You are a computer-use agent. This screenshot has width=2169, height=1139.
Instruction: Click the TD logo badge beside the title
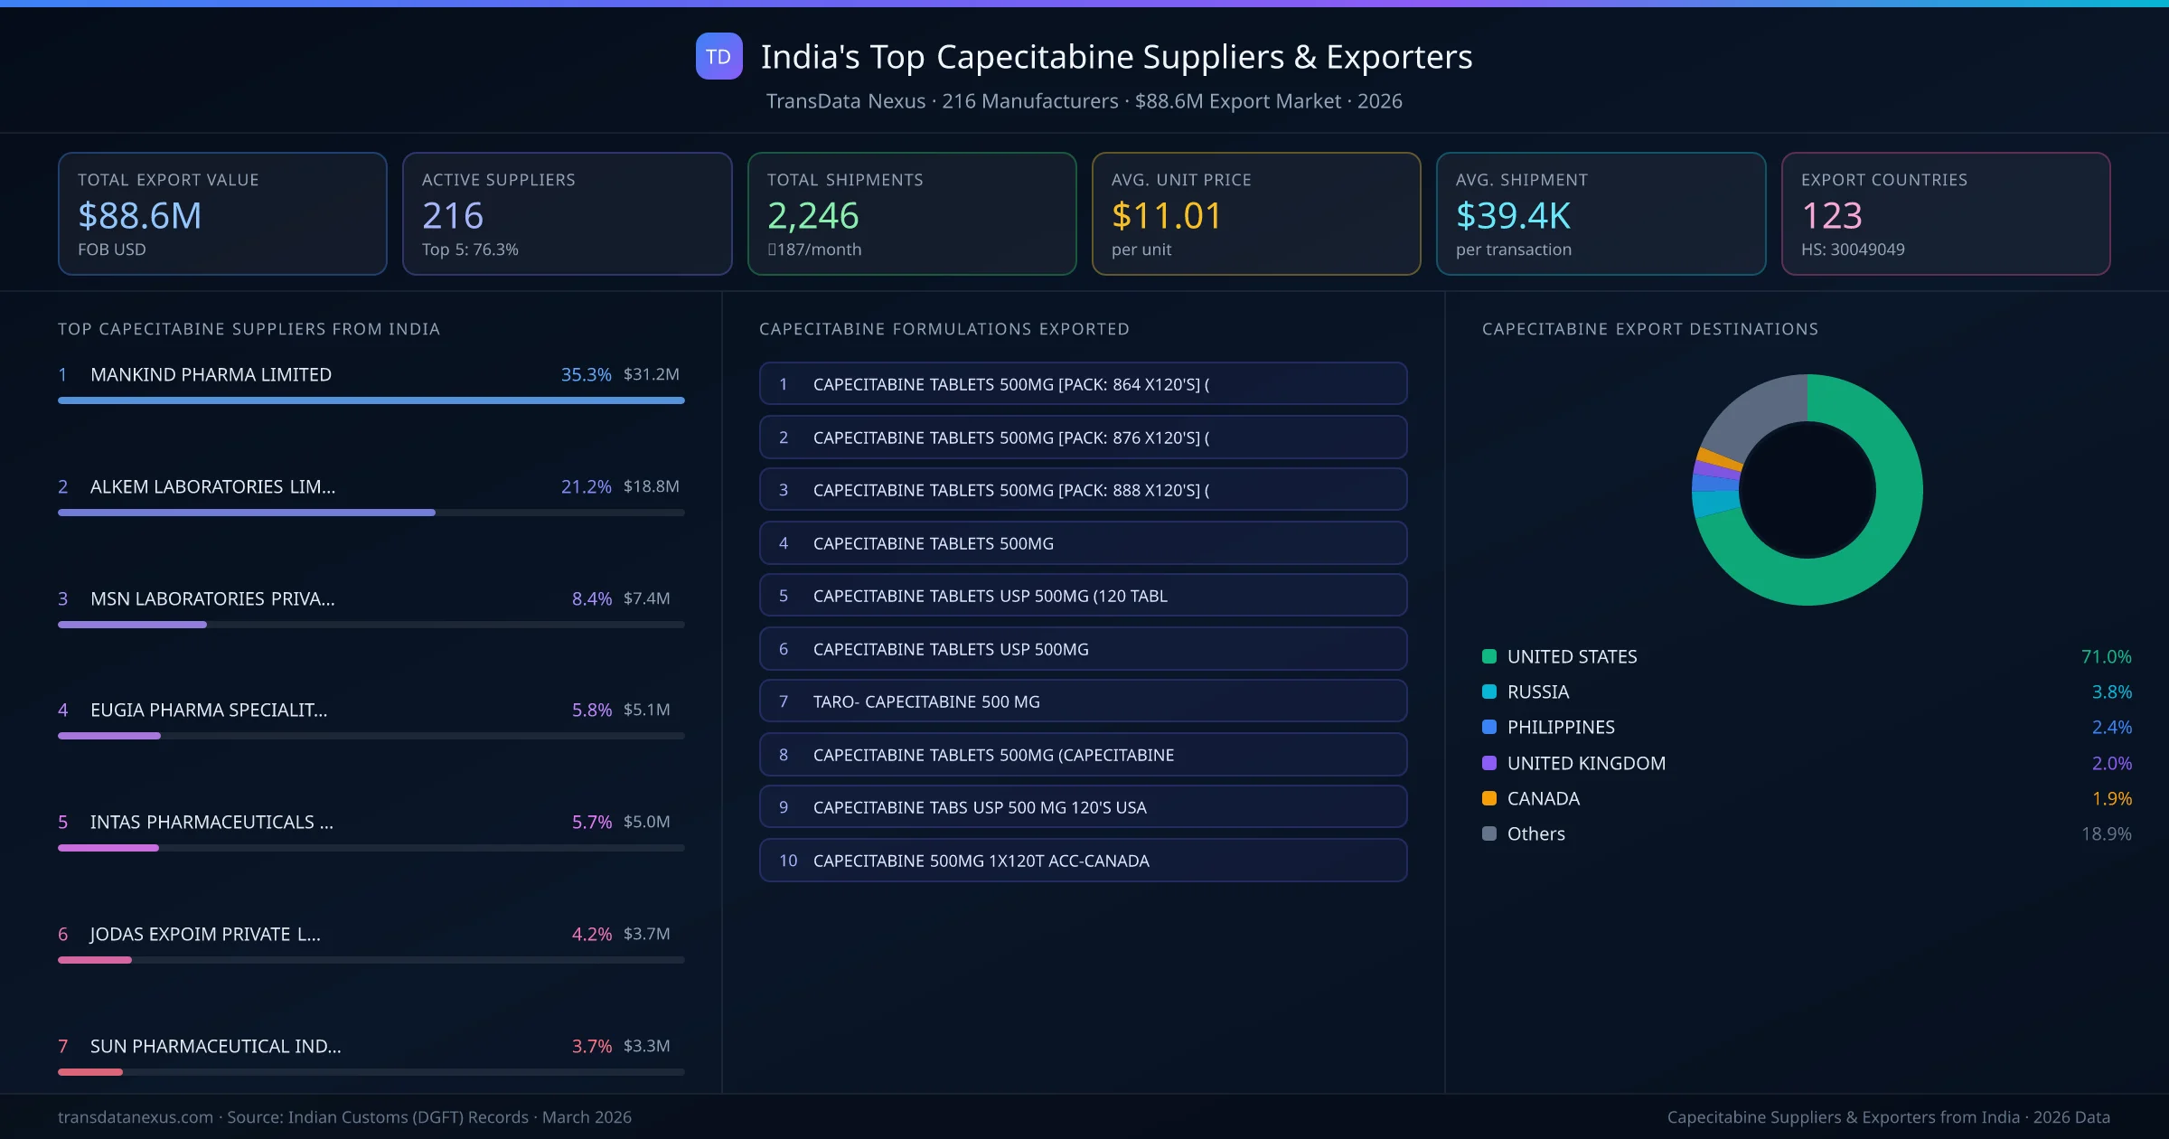(718, 56)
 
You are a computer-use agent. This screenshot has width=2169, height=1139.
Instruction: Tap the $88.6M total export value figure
(140, 216)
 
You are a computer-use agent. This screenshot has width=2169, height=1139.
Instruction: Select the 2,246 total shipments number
(812, 216)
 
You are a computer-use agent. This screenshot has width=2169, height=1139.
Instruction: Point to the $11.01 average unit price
(1166, 216)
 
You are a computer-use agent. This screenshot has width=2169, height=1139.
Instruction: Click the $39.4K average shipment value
(1513, 216)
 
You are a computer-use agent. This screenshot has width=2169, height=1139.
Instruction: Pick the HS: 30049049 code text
(1852, 249)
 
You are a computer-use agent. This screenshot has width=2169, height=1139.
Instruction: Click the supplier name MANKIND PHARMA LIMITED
(211, 374)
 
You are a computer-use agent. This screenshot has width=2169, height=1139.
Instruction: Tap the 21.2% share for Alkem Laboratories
(586, 486)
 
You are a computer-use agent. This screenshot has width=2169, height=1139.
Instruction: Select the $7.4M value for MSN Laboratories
(646, 598)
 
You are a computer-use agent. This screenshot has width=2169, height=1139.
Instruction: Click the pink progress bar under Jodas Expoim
(95, 960)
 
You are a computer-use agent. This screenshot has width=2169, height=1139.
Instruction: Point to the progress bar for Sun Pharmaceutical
(90, 1072)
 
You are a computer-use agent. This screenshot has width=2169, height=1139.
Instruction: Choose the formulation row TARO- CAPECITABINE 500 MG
(1083, 701)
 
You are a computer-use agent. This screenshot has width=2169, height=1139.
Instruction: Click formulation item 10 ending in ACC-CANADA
(1083, 861)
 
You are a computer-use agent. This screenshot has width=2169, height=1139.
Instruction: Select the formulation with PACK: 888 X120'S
(1083, 490)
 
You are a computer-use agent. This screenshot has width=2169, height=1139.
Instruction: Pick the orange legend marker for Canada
(1489, 798)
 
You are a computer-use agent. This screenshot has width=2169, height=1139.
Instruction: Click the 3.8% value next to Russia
(2111, 692)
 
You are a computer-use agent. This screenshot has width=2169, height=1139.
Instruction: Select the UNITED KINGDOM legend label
(1586, 763)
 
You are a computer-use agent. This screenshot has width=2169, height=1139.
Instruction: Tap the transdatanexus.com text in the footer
(136, 1117)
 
